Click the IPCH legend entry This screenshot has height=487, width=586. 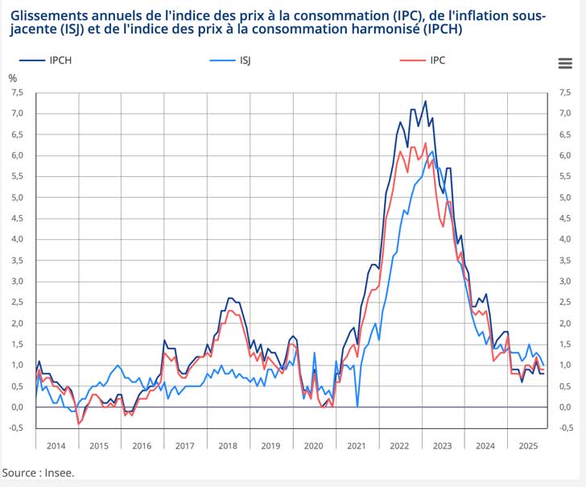52,60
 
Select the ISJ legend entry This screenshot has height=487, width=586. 244,60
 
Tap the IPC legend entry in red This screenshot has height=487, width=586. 437,60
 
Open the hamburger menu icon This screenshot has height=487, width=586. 564,64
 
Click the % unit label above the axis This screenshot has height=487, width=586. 12,78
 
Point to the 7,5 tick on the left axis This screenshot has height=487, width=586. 16,93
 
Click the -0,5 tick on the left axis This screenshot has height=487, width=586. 15,428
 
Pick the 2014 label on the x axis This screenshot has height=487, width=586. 56,446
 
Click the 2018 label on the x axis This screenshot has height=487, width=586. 229,446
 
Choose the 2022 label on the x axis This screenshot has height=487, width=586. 399,446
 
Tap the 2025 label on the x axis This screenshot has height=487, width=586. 528,446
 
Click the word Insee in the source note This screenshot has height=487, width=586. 58,473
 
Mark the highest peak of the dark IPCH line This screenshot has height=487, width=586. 425,101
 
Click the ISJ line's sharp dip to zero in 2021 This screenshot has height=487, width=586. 357,406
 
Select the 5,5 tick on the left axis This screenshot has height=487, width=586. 16,176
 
